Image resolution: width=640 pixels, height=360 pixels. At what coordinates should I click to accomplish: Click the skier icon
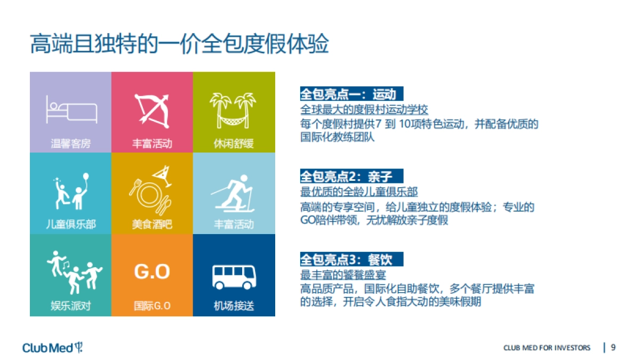tap(234, 193)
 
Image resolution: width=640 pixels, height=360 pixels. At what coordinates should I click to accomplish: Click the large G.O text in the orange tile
tap(152, 272)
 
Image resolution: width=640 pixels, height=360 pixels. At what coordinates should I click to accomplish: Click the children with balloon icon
tap(71, 191)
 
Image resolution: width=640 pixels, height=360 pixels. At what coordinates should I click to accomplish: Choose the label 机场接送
tap(234, 306)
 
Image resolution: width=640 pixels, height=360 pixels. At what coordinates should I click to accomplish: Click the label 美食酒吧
tap(152, 225)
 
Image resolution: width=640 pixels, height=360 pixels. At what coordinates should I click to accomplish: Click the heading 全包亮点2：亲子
tap(347, 177)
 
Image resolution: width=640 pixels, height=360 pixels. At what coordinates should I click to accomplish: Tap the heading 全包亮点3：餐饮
tap(347, 260)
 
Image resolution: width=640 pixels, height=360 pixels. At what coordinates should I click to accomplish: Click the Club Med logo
tap(53, 348)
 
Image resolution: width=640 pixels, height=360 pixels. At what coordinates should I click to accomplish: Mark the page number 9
tap(613, 348)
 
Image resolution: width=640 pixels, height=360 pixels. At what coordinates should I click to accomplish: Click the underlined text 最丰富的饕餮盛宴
tap(342, 275)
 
